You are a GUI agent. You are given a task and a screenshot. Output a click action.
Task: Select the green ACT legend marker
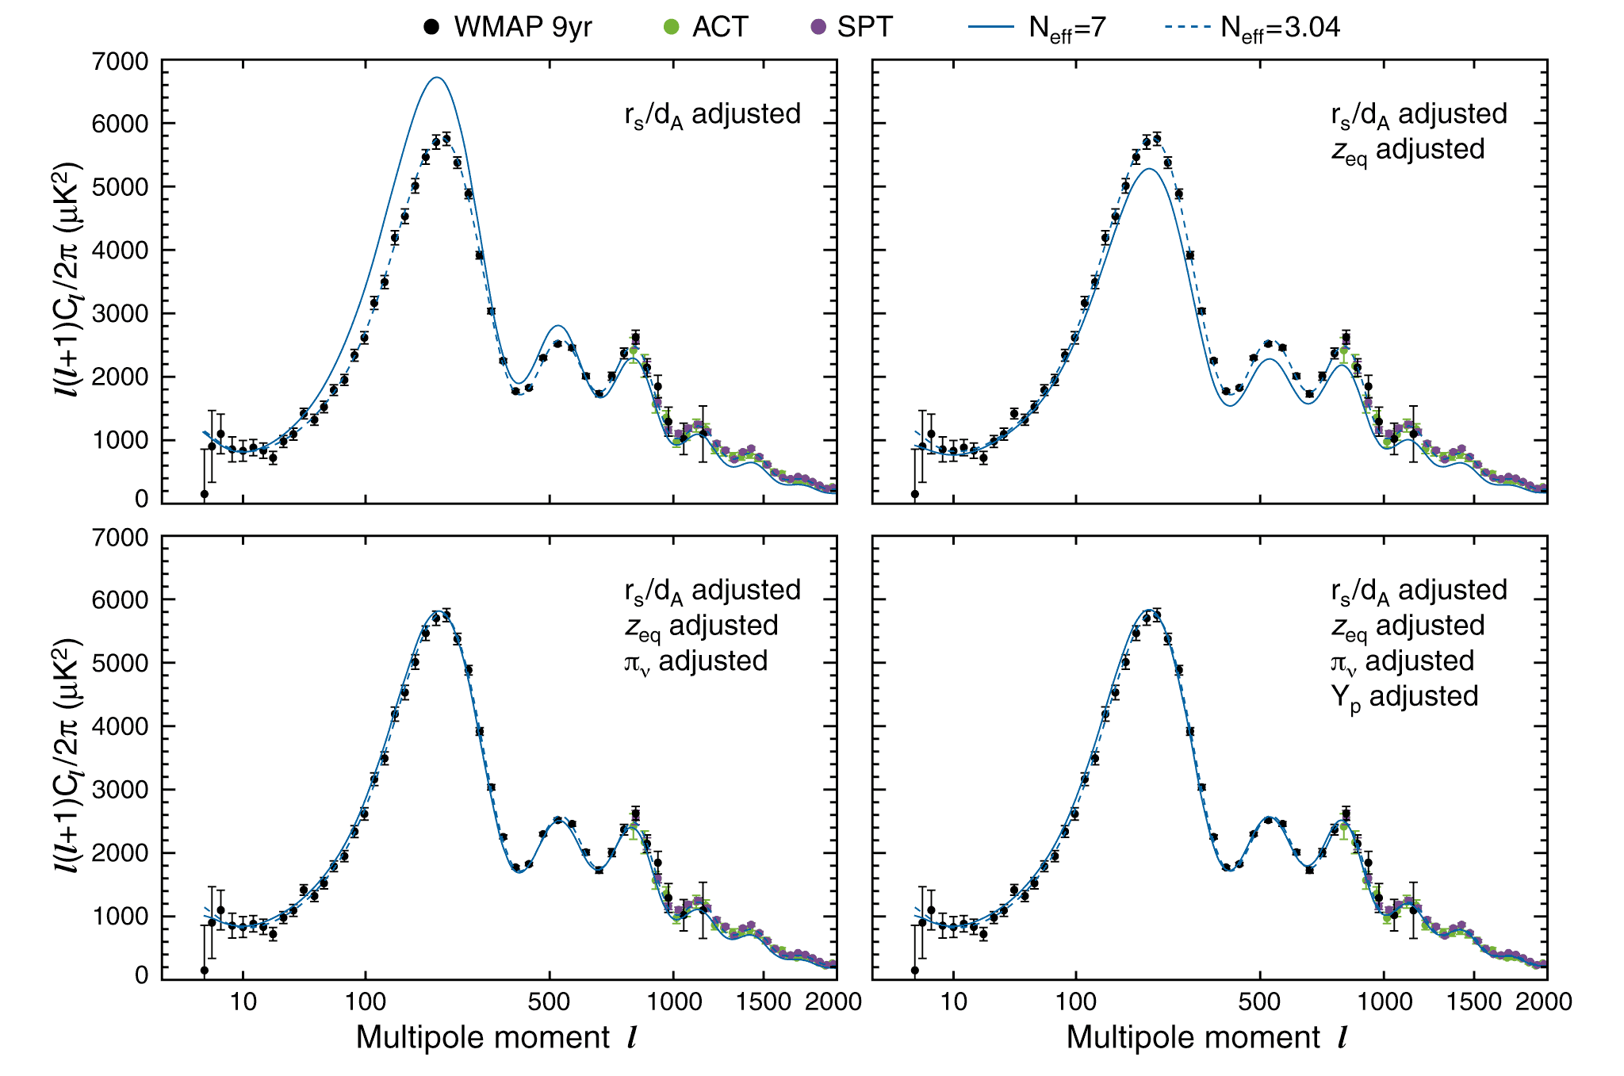point(672,27)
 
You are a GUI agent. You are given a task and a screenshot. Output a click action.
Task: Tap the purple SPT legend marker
point(818,27)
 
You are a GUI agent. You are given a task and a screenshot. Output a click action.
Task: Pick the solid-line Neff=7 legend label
point(1067,28)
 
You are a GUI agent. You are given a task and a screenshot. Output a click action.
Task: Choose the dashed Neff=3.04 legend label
point(1280,28)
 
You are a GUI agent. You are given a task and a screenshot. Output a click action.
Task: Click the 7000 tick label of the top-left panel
point(120,61)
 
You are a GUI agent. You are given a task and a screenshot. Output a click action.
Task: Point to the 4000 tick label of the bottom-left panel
point(120,726)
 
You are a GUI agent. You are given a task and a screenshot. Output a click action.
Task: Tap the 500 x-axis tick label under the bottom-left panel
point(549,1001)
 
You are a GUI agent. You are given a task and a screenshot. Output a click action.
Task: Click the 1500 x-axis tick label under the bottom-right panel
point(1473,1001)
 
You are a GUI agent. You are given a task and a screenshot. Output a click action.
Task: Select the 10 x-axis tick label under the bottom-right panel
point(953,1001)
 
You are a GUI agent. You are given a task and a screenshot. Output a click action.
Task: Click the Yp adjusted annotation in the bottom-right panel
point(1404,696)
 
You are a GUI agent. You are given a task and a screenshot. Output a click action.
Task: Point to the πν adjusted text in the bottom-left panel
point(695,661)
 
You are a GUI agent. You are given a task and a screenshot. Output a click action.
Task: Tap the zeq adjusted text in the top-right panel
point(1408,149)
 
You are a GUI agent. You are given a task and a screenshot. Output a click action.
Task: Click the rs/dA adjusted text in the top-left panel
point(712,114)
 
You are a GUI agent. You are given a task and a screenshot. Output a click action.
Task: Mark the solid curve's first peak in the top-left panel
point(436,78)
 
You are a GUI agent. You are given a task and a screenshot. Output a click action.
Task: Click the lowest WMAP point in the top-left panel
point(204,494)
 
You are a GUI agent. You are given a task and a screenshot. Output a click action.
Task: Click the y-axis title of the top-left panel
point(67,279)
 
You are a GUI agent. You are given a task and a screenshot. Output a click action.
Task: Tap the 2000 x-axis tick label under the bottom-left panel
point(833,1001)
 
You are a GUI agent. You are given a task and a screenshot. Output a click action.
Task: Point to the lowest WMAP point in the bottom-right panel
point(914,970)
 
